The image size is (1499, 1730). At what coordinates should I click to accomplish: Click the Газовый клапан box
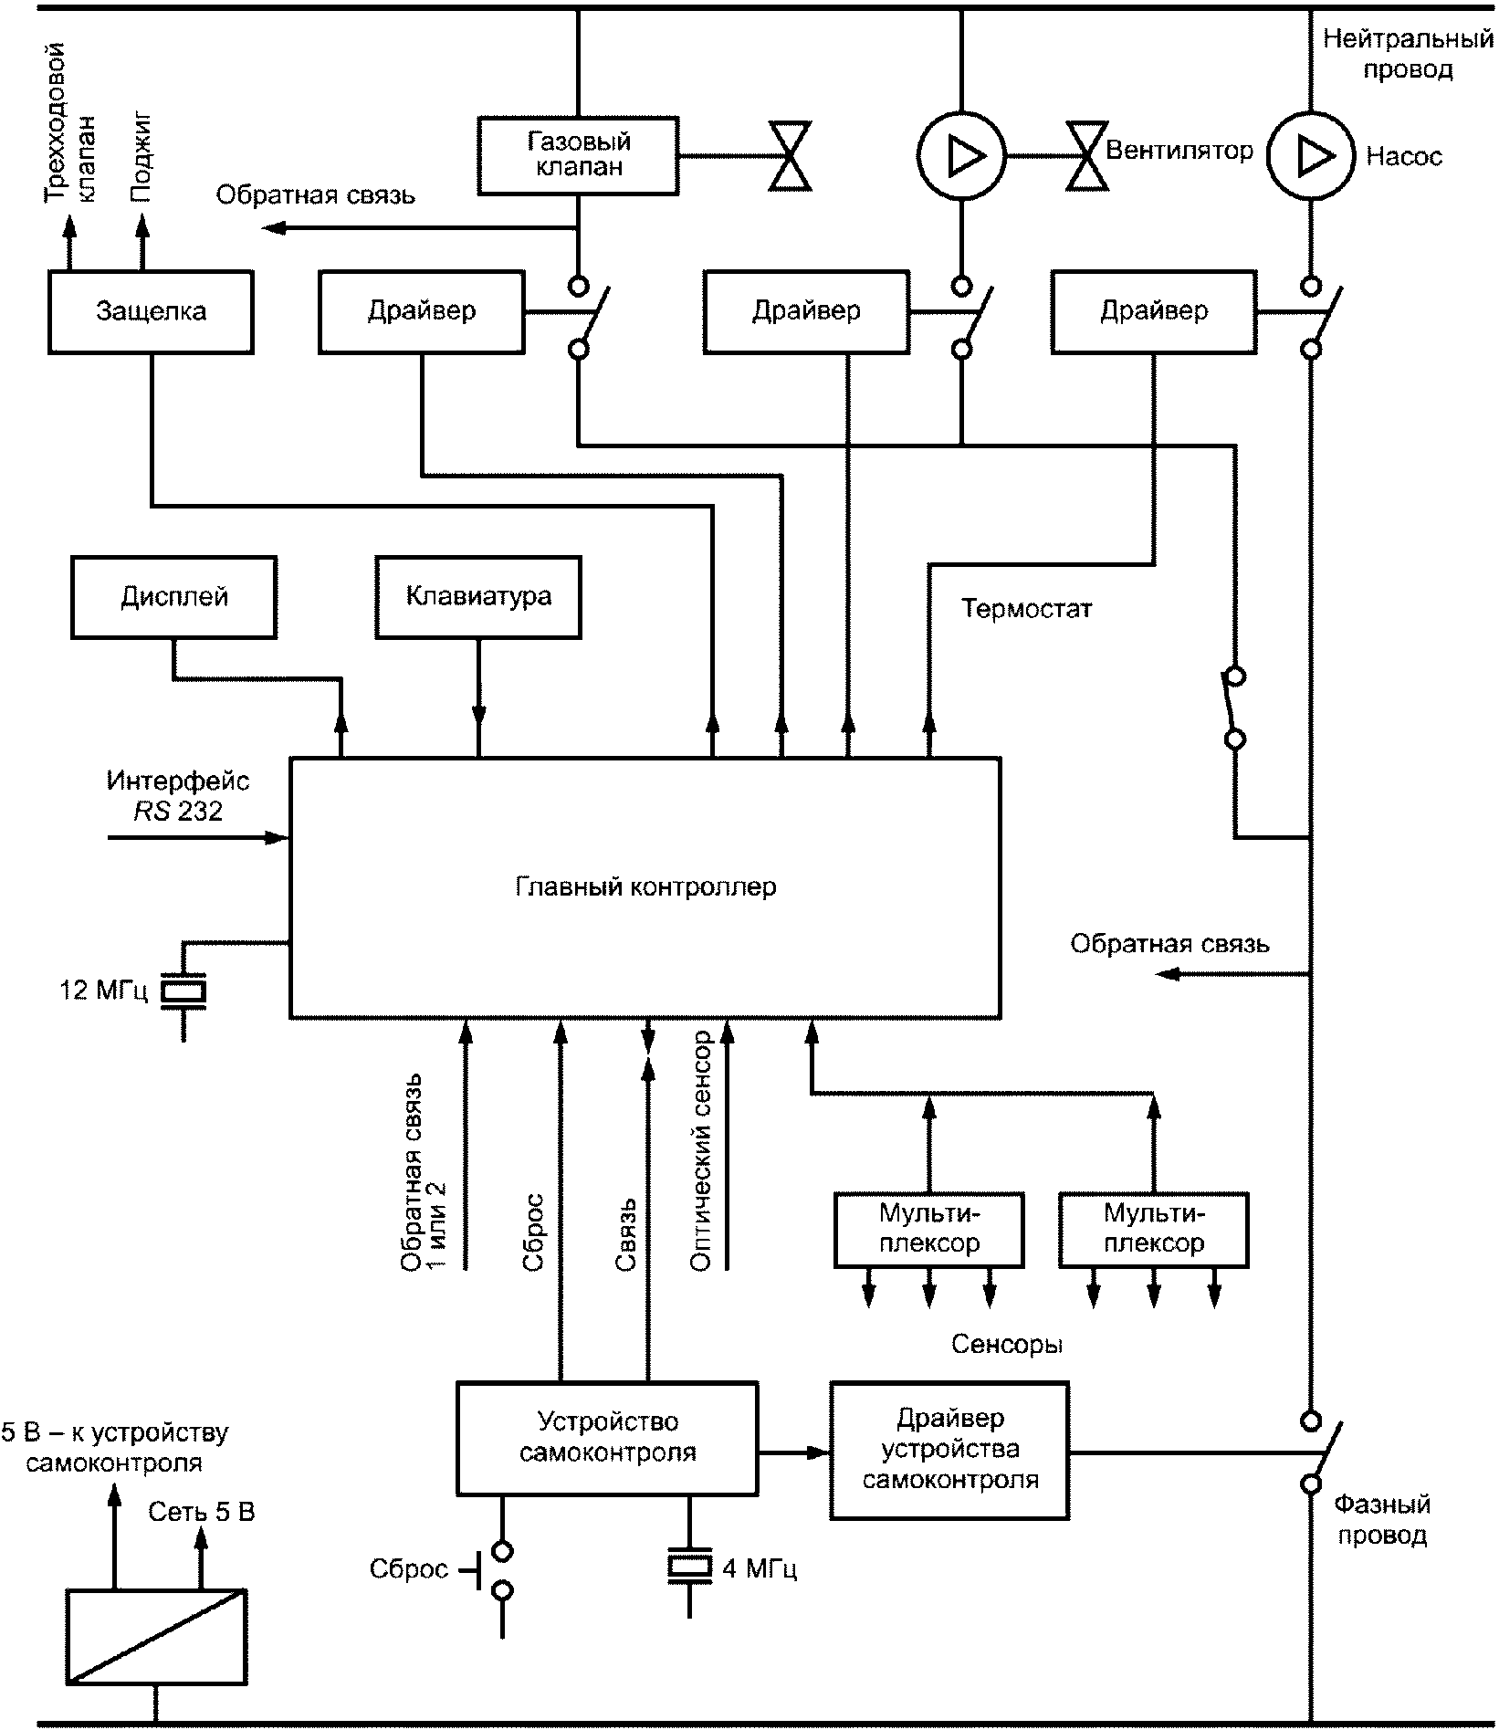click(579, 154)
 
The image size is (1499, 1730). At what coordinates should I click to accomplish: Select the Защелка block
click(151, 311)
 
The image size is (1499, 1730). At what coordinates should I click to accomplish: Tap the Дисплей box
click(173, 597)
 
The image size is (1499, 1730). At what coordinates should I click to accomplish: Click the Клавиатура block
click(478, 597)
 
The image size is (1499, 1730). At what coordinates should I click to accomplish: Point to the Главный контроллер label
click(645, 886)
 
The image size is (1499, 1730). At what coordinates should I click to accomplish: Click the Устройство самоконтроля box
click(607, 1437)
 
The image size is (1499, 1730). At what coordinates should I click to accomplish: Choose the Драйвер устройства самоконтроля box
click(949, 1448)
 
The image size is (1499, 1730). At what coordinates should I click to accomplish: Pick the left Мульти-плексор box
click(928, 1229)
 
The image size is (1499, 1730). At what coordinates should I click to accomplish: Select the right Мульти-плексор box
click(1153, 1229)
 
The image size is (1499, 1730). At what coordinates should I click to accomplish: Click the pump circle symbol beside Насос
click(1311, 156)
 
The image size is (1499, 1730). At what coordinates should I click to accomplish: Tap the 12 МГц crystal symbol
click(183, 991)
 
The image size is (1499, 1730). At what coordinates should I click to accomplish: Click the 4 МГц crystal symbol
click(689, 1567)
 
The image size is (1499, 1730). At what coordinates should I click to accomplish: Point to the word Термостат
click(1026, 609)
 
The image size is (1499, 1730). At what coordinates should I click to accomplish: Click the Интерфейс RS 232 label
click(178, 796)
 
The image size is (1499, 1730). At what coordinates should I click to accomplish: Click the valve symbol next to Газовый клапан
click(790, 155)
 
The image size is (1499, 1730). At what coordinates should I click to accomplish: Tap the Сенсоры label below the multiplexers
click(1007, 1344)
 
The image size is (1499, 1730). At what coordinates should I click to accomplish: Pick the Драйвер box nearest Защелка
click(422, 311)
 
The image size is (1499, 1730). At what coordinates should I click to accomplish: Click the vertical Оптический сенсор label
click(701, 1150)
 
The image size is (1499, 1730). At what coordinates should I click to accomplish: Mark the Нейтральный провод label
click(1408, 54)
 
